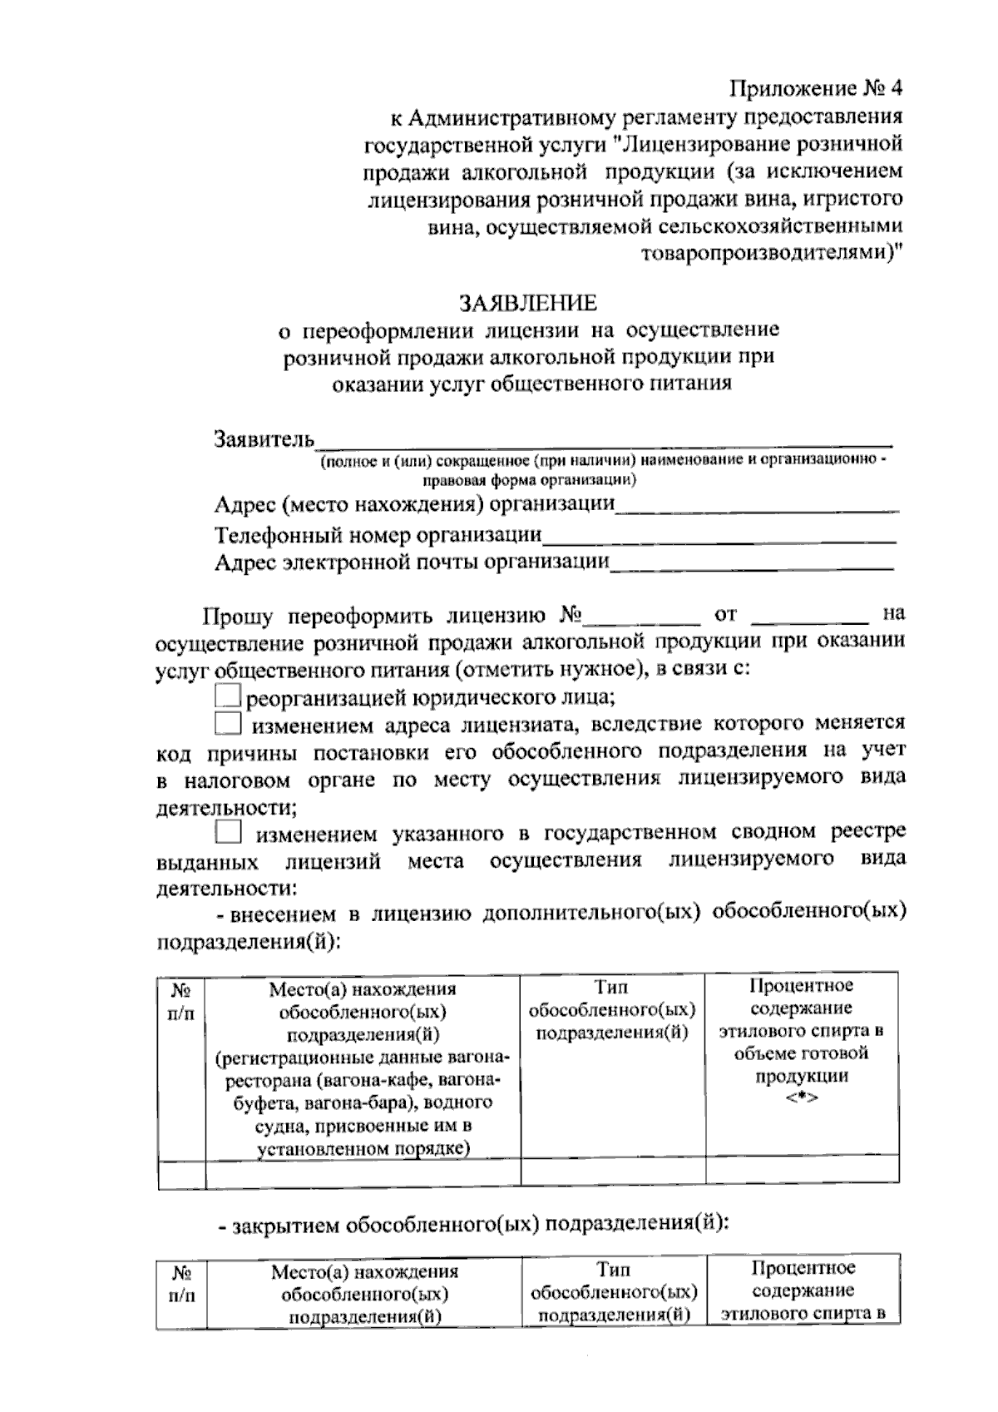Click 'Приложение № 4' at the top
[x=815, y=88]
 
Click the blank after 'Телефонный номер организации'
[x=719, y=535]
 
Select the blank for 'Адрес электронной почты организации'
[x=752, y=563]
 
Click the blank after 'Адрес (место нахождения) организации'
[x=757, y=505]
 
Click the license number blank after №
[x=641, y=617]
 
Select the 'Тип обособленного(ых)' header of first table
[x=612, y=1009]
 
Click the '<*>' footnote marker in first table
[x=801, y=1098]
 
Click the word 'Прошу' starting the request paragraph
[x=238, y=617]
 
